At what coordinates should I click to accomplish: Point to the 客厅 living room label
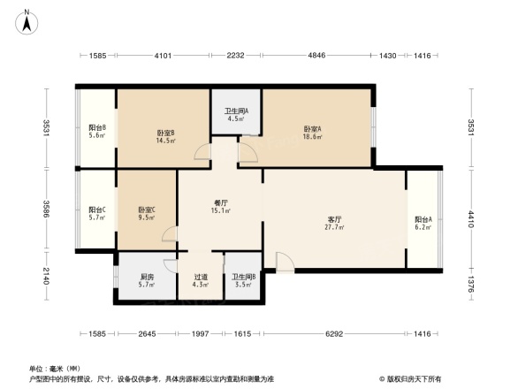(335, 221)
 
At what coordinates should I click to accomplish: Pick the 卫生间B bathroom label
(245, 280)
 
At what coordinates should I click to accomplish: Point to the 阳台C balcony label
(97, 213)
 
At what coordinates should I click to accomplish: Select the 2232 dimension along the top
(235, 57)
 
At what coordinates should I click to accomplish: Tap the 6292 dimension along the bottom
(334, 334)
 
